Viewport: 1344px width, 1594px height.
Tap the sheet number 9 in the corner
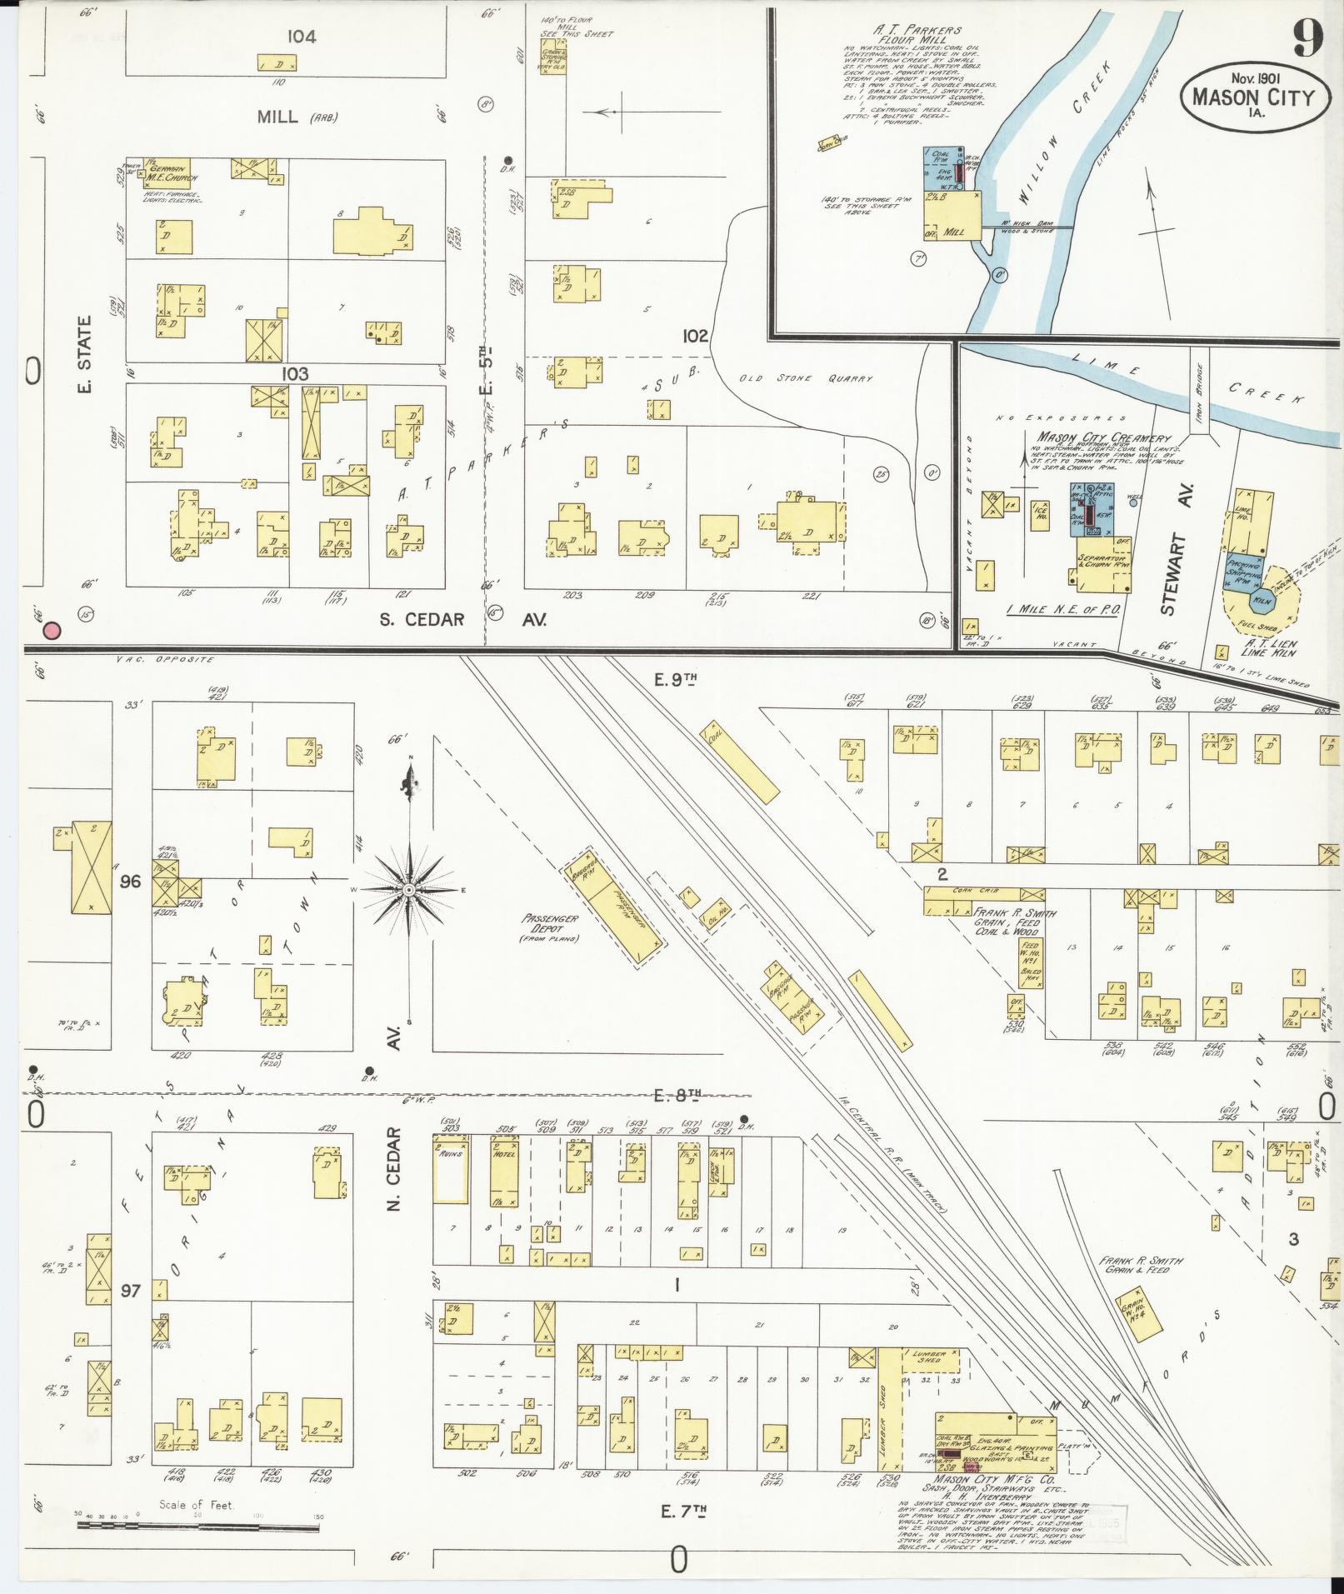click(1305, 35)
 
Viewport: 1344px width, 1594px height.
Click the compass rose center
click(409, 890)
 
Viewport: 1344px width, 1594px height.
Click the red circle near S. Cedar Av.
click(52, 631)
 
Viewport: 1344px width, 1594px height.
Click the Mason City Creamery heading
click(1104, 437)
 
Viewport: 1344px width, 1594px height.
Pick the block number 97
click(130, 1292)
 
